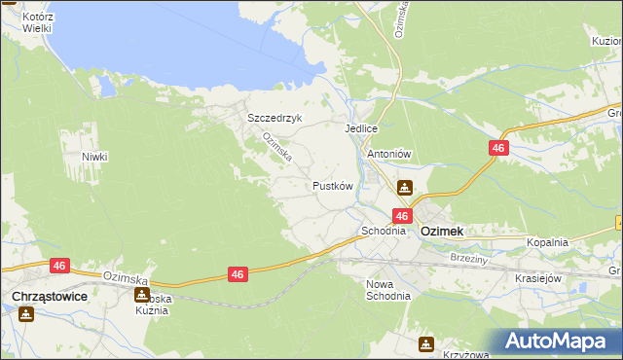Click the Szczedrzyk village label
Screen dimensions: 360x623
point(275,118)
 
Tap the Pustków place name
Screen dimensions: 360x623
point(331,185)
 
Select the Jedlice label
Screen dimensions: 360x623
point(360,127)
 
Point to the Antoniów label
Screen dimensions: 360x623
point(388,153)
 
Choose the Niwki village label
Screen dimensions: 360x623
point(94,157)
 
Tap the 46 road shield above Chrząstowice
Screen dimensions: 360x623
point(60,265)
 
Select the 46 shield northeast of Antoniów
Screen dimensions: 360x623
point(498,147)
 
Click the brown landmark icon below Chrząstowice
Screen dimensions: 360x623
point(26,313)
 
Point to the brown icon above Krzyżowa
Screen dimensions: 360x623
point(426,343)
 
